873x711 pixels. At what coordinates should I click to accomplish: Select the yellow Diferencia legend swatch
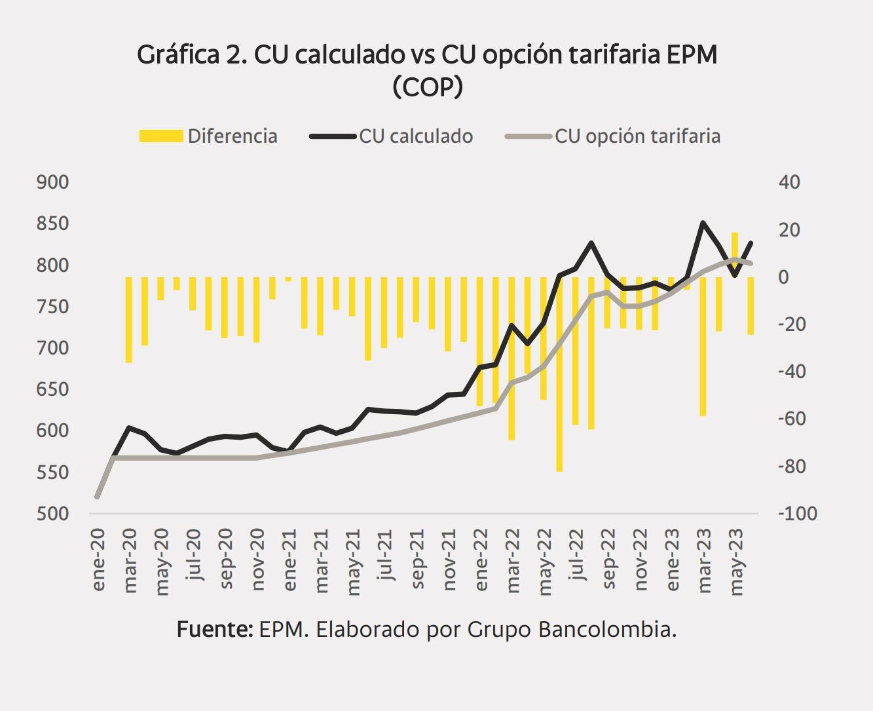161,136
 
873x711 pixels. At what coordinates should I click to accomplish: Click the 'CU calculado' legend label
415,136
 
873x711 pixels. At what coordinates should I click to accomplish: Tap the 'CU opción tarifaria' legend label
637,136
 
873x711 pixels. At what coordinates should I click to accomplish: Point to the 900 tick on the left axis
52,182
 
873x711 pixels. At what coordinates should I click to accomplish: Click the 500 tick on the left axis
52,514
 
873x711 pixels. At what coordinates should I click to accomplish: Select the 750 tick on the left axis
52,307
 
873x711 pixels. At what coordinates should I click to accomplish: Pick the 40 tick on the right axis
789,182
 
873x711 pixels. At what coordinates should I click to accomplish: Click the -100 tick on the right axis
797,514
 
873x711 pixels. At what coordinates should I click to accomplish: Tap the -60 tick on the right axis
792,419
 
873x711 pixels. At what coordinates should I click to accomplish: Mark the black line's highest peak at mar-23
703,223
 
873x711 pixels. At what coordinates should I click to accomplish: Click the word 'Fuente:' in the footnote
215,630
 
